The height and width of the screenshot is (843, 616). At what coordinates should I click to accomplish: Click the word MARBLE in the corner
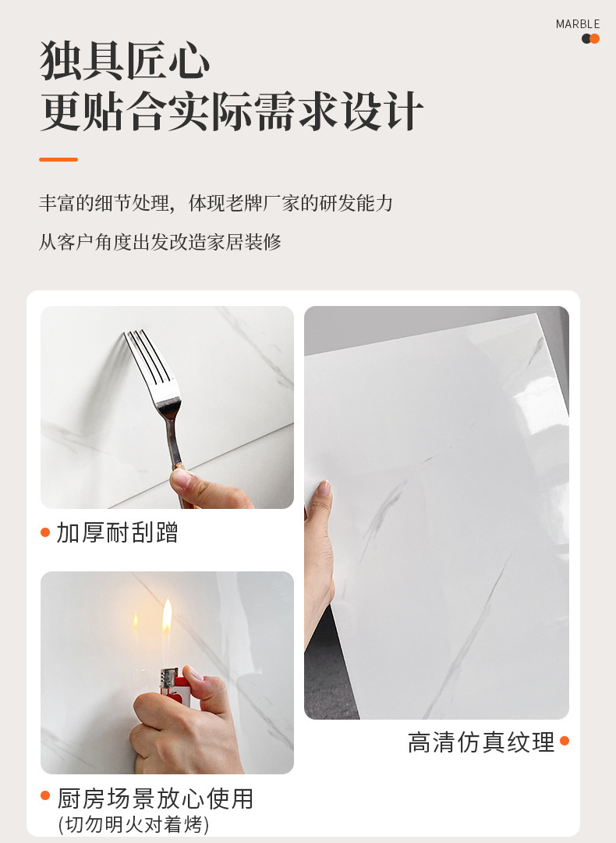coord(577,24)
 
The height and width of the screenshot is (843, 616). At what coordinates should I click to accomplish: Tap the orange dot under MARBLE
coord(594,39)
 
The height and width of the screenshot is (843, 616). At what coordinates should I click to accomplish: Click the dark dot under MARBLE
coord(586,39)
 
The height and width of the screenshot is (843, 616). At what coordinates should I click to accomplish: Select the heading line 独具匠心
coord(125,60)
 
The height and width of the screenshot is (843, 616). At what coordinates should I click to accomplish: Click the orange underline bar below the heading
coord(58,160)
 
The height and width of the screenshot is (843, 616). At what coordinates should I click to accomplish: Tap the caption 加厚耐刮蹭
coord(117,533)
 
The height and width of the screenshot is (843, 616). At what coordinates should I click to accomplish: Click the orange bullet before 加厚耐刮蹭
coord(45,532)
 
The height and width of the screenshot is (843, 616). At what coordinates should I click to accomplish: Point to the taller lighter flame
coord(167,616)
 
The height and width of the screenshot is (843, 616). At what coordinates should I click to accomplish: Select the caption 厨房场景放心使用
coord(155,799)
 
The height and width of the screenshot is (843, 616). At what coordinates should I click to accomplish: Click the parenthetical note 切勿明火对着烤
coord(133,824)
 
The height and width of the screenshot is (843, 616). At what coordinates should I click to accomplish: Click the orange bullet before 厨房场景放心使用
coord(45,795)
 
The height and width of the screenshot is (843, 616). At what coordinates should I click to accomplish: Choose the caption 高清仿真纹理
coord(481,742)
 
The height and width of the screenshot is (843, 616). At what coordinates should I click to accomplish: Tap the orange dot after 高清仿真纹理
coord(565,741)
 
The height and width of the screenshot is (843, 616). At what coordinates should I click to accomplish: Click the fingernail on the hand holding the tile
coord(325,488)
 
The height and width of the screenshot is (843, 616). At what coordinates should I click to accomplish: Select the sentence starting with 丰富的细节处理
coord(216,203)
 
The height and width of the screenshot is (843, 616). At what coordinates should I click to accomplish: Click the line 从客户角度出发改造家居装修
coord(160,242)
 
